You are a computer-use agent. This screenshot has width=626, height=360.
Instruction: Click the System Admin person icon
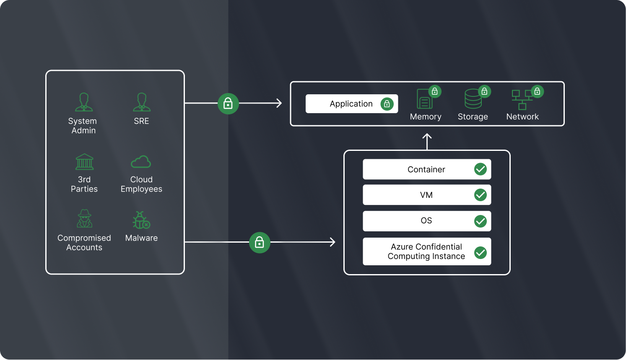click(84, 102)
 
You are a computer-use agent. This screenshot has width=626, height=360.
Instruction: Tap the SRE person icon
click(142, 102)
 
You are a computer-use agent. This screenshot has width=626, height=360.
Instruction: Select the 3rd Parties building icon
click(84, 162)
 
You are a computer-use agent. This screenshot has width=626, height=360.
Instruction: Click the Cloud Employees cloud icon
click(141, 162)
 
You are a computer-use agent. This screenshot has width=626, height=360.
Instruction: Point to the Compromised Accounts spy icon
click(84, 218)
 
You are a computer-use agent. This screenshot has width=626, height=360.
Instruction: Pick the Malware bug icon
click(141, 220)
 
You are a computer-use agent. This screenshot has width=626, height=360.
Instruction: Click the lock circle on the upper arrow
click(228, 104)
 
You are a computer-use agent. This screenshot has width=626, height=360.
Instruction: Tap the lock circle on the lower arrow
click(260, 243)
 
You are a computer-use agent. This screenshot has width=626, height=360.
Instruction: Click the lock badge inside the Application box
click(387, 104)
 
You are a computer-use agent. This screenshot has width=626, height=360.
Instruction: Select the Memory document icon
click(425, 99)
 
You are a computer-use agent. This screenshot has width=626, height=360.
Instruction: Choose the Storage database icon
click(473, 99)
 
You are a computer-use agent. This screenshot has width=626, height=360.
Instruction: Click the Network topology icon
click(522, 100)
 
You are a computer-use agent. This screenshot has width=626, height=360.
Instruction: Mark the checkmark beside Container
click(481, 169)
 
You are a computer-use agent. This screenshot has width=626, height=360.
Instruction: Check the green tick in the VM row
click(481, 195)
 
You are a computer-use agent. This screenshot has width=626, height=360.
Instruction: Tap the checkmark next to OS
click(481, 221)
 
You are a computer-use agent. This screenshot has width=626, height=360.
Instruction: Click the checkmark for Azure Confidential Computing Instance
click(481, 252)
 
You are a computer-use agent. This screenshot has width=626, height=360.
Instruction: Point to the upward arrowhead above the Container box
click(427, 136)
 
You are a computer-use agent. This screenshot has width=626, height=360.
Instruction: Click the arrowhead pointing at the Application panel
click(279, 103)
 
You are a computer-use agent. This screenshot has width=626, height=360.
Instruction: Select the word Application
click(351, 104)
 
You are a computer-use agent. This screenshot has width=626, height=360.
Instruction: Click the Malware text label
click(141, 238)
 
